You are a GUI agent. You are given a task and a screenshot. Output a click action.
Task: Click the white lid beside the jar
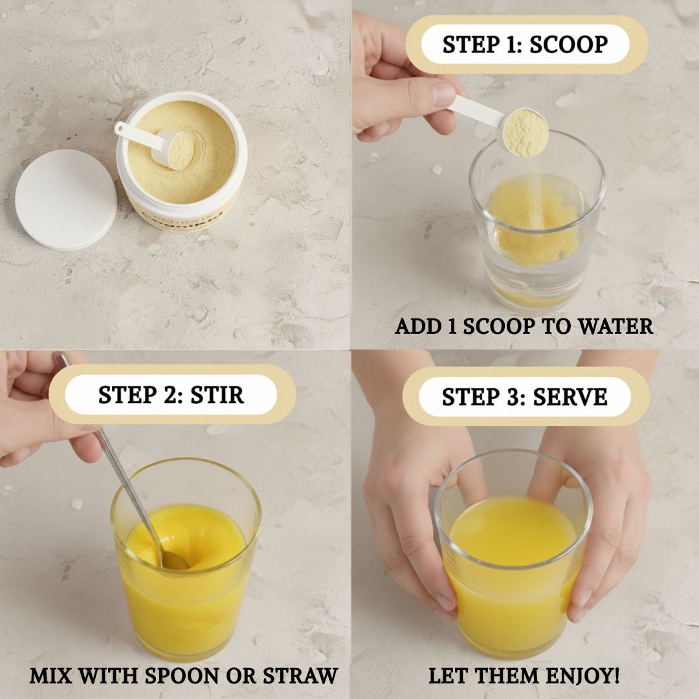click(x=66, y=199)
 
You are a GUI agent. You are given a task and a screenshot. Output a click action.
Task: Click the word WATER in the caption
click(x=616, y=326)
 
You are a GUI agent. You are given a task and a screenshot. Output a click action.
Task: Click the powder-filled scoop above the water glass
click(x=526, y=133)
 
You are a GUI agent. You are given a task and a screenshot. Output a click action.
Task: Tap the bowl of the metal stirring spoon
click(x=173, y=560)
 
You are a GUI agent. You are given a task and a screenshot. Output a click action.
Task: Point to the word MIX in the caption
click(x=52, y=676)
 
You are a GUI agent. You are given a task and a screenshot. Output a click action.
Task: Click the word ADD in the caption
click(x=416, y=326)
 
